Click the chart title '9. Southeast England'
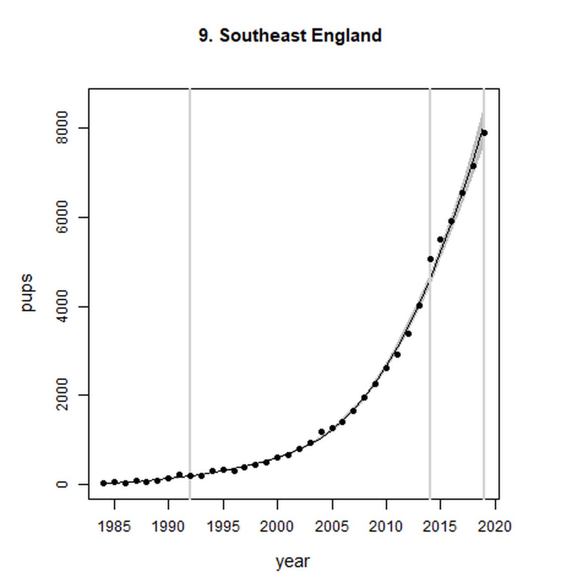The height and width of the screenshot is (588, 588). (290, 36)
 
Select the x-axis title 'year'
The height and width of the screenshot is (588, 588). (292, 561)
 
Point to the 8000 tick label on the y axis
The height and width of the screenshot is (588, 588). (62, 128)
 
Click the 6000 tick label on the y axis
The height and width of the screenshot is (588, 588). (62, 217)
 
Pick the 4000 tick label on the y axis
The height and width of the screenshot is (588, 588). (62, 306)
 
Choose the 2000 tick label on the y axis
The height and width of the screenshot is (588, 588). (62, 395)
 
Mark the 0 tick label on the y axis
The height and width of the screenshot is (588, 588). (62, 484)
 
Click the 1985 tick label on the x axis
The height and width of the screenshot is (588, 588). (115, 527)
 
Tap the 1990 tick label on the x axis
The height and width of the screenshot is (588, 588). (168, 527)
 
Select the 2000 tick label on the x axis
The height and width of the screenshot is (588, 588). (277, 527)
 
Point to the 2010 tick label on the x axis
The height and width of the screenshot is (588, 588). (386, 527)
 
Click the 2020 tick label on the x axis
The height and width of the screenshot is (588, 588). (495, 527)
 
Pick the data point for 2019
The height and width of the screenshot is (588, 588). (484, 133)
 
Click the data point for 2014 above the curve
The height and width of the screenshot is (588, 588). (430, 259)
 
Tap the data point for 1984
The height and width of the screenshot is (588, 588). (104, 483)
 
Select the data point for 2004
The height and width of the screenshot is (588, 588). (321, 432)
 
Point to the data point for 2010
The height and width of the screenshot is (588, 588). (386, 368)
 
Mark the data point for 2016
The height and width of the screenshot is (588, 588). (451, 221)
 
